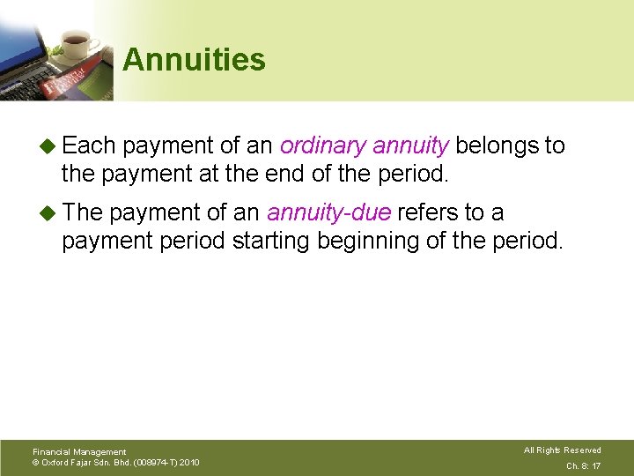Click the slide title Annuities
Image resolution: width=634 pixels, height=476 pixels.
(x=194, y=60)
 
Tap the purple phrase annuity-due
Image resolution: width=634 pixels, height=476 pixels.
(x=329, y=212)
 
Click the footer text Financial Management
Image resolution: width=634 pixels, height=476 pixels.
(x=79, y=452)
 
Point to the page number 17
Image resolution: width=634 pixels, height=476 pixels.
(x=596, y=465)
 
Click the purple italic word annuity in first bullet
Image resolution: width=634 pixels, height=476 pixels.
(x=412, y=145)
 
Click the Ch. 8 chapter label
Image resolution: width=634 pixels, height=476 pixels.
(x=576, y=465)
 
